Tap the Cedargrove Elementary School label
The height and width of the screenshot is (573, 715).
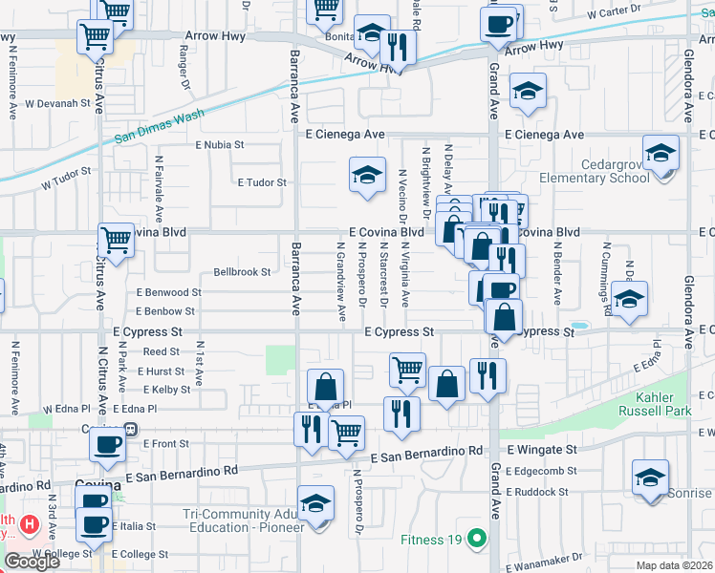pos(594,170)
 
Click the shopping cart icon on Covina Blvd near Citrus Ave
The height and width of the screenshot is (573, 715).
pos(117,240)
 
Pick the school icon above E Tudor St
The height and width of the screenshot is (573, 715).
pos(367,175)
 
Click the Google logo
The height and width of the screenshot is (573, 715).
pos(32,562)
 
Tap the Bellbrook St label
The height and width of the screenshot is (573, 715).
pos(243,272)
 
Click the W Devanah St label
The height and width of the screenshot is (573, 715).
pos(56,102)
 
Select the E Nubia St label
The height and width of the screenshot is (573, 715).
pos(220,146)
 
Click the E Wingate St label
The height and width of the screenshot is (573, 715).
pos(542,448)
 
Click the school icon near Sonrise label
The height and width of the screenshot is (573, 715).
pos(650,477)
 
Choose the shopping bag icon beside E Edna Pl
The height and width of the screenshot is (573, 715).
pos(325,387)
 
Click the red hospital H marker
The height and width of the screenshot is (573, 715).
pos(31,524)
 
